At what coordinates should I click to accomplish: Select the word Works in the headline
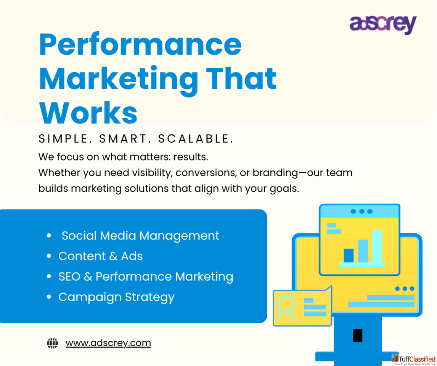tap(88, 112)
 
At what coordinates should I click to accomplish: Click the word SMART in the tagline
tap(125, 139)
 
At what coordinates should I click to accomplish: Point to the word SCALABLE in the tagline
tap(196, 139)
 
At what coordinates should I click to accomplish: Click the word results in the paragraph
tap(191, 157)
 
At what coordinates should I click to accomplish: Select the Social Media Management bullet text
tap(140, 236)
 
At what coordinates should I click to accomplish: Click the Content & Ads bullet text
tap(100, 256)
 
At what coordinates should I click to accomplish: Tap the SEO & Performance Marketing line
tap(146, 276)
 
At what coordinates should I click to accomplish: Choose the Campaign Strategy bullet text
tap(117, 297)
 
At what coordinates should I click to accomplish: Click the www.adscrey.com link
tap(108, 343)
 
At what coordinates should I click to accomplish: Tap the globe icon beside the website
tap(52, 343)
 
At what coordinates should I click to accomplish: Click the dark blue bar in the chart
tap(349, 255)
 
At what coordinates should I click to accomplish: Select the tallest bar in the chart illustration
tap(377, 246)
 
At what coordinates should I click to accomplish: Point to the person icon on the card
tap(286, 308)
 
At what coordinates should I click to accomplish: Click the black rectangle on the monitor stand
tap(358, 335)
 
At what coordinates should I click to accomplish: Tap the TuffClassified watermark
tap(414, 360)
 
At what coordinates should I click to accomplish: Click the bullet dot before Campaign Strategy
tap(49, 297)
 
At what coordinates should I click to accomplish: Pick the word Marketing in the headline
tap(119, 79)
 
